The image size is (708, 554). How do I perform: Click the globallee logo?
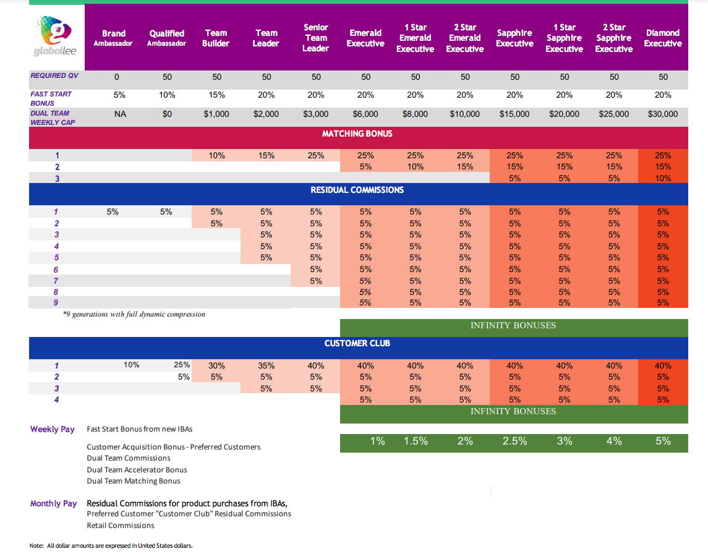pyautogui.click(x=55, y=36)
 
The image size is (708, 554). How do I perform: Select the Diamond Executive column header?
pyautogui.click(x=662, y=38)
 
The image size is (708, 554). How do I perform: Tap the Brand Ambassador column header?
pyautogui.click(x=113, y=38)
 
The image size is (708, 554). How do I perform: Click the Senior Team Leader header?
pyautogui.click(x=315, y=38)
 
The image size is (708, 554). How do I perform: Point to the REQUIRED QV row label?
pyautogui.click(x=54, y=75)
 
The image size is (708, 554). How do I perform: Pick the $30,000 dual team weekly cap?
pyautogui.click(x=662, y=114)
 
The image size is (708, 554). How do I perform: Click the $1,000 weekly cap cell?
pyautogui.click(x=216, y=114)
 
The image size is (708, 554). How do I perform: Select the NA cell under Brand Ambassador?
pyautogui.click(x=120, y=114)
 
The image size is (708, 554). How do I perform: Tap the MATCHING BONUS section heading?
pyautogui.click(x=357, y=134)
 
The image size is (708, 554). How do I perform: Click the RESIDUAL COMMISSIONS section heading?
pyautogui.click(x=357, y=190)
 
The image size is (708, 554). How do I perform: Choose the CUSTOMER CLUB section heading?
pyautogui.click(x=357, y=343)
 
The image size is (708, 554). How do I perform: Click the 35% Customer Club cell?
pyautogui.click(x=266, y=365)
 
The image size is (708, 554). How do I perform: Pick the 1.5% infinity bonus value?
pyautogui.click(x=416, y=441)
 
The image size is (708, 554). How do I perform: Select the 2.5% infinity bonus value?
pyautogui.click(x=514, y=441)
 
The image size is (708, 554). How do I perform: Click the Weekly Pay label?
pyautogui.click(x=53, y=429)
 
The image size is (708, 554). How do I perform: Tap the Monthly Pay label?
pyautogui.click(x=53, y=503)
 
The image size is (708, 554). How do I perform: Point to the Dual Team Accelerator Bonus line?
pyautogui.click(x=137, y=469)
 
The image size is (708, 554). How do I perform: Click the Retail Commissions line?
pyautogui.click(x=121, y=526)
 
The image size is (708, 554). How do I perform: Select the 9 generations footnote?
pyautogui.click(x=134, y=314)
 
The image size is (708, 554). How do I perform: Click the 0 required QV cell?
pyautogui.click(x=116, y=77)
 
